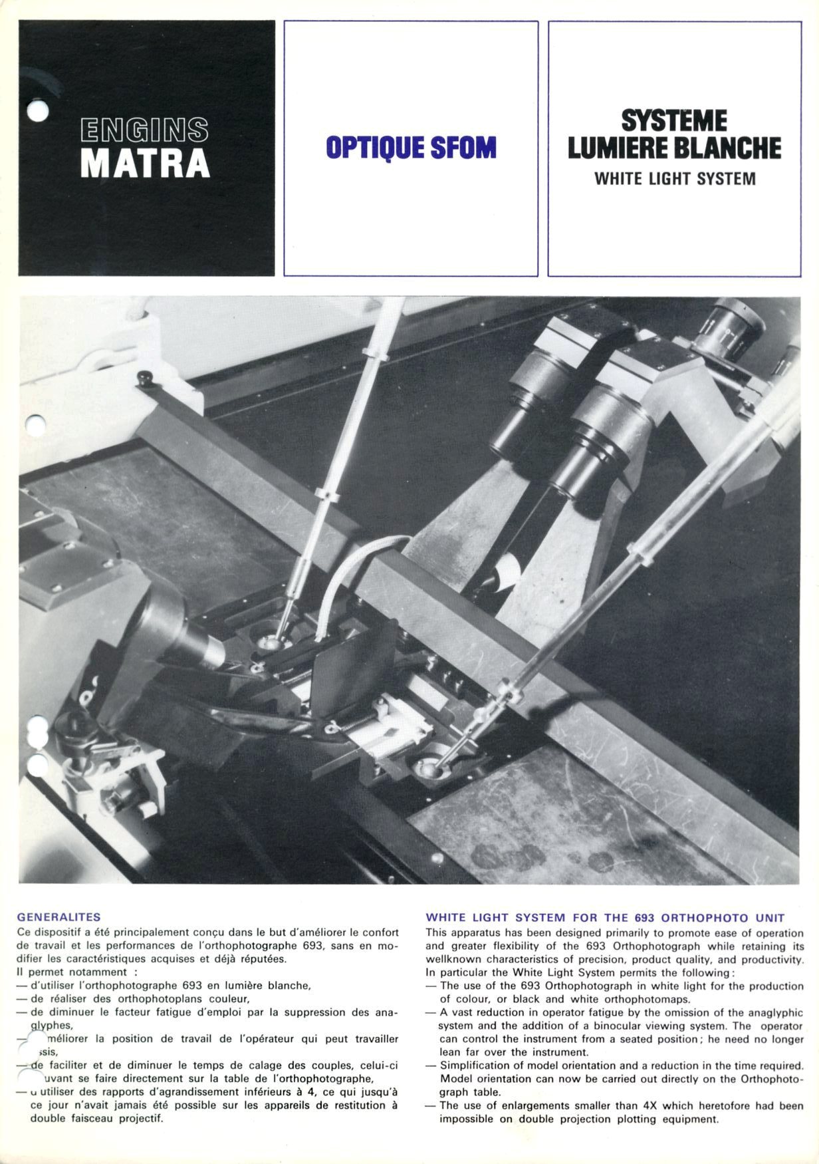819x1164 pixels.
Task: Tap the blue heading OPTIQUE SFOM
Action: pos(411,148)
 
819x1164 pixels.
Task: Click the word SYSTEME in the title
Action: pos(674,121)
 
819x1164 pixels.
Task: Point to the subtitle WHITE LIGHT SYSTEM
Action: pos(675,179)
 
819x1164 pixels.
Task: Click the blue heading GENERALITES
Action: pos(58,917)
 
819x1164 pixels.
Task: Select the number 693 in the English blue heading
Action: pos(645,917)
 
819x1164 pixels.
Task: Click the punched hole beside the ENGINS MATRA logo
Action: pos(38,111)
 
